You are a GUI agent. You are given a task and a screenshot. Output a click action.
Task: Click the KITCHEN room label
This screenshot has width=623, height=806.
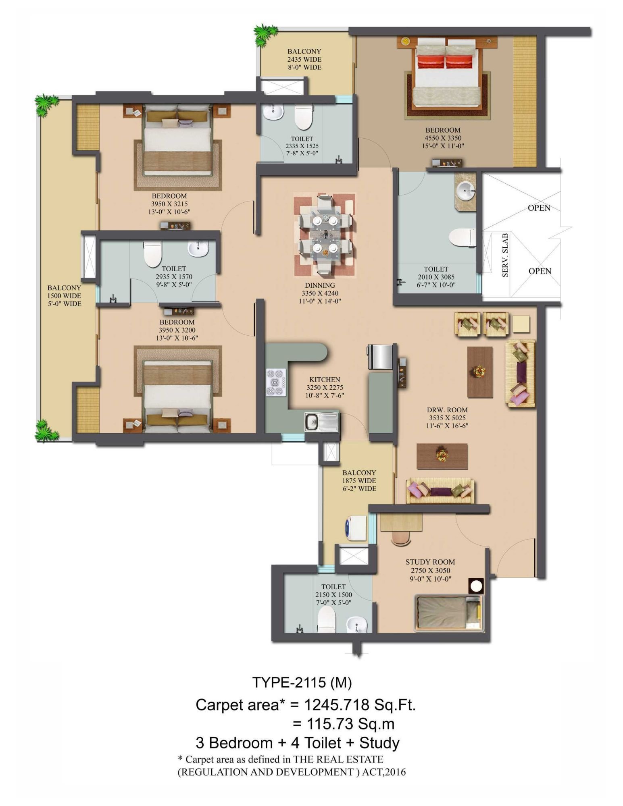click(x=325, y=380)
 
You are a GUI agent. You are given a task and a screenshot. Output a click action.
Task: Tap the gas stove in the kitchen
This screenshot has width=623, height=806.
click(x=276, y=382)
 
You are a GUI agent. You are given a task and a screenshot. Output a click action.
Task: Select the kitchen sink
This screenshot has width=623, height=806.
click(x=321, y=422)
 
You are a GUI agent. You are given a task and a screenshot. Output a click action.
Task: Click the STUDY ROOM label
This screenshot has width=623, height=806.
click(x=430, y=562)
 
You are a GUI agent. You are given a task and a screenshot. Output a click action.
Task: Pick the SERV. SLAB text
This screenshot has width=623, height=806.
click(x=505, y=255)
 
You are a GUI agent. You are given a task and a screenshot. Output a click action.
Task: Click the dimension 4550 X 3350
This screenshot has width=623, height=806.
click(x=443, y=138)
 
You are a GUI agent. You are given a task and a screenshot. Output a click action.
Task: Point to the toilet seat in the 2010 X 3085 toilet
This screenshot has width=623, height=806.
click(x=462, y=238)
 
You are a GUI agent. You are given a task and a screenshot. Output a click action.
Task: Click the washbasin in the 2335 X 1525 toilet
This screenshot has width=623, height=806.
click(x=274, y=112)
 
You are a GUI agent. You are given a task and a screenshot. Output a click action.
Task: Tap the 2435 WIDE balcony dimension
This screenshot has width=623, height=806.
click(x=304, y=59)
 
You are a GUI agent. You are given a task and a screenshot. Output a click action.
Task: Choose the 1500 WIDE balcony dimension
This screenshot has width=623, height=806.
click(x=64, y=296)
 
